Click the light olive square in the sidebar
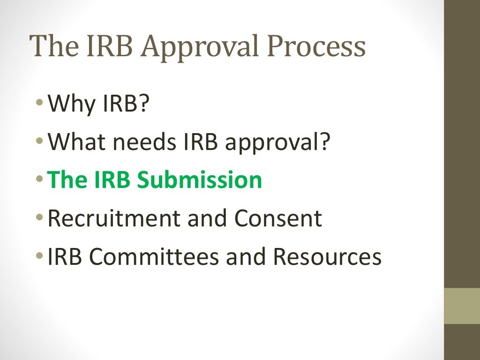point(462,306)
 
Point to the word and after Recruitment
point(208,218)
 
